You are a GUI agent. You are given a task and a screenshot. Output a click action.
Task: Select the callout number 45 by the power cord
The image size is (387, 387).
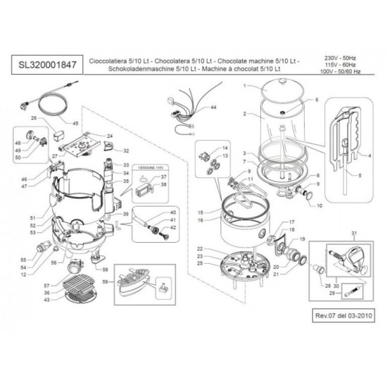[x=76, y=122]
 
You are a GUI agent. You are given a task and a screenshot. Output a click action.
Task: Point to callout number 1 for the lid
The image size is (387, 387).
[x=244, y=85]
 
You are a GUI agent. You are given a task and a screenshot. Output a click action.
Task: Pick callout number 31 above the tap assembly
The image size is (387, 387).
[x=354, y=233]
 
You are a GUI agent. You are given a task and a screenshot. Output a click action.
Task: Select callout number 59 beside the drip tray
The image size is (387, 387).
[x=106, y=282]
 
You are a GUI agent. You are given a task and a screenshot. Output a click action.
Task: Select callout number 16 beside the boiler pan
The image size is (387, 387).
[x=201, y=220]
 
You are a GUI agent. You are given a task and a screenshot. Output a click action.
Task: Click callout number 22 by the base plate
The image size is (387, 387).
[x=201, y=249]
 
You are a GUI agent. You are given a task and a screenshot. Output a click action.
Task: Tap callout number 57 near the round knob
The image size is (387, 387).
[x=46, y=286]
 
